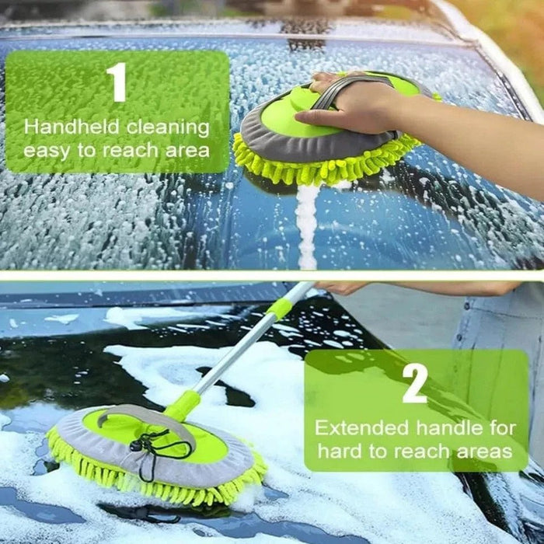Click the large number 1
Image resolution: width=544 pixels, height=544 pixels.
117,83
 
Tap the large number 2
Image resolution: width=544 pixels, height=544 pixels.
413,385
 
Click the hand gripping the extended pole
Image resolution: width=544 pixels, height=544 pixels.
342,287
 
